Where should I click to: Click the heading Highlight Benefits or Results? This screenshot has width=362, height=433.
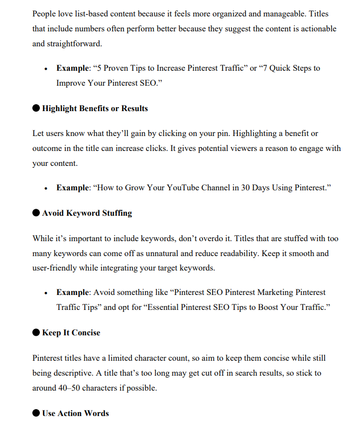[95, 108]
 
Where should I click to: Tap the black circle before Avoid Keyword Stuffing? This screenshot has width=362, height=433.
[36, 213]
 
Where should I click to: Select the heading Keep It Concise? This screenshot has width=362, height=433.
[71, 332]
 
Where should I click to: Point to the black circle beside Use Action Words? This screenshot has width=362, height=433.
[36, 413]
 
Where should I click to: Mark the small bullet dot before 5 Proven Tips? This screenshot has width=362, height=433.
[46, 69]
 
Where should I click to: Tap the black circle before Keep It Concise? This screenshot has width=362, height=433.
[36, 332]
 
